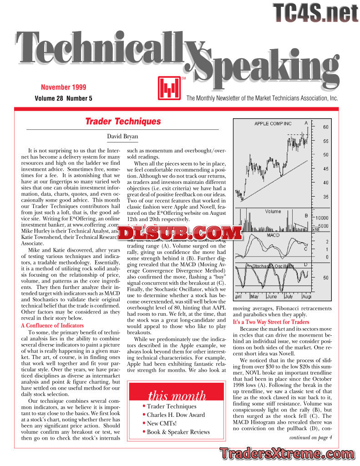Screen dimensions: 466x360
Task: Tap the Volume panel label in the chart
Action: point(273,212)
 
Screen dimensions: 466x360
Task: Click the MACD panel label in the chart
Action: point(273,235)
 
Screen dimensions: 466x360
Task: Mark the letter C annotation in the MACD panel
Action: point(305,249)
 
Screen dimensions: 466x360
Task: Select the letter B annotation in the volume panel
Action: point(306,215)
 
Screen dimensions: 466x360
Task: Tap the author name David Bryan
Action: point(122,137)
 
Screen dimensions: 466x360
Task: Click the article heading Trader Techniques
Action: point(123,122)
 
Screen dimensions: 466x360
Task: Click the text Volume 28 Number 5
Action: point(63,98)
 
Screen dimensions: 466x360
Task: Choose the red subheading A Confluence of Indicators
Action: point(52,325)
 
